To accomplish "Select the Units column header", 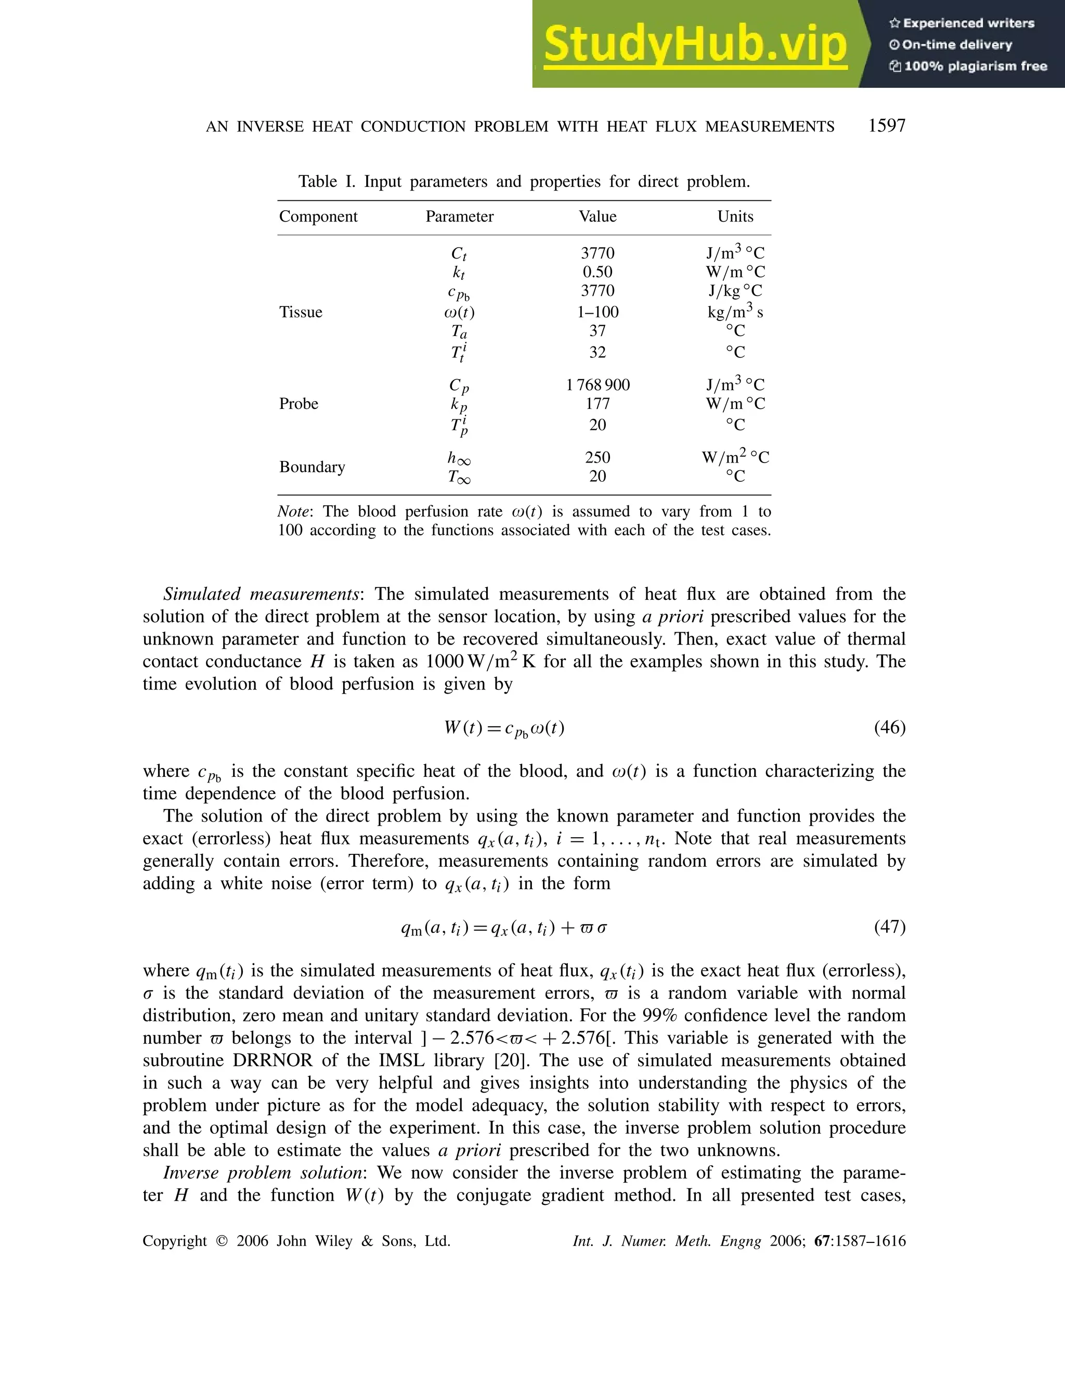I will coord(735,216).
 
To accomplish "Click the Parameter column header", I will coord(459,216).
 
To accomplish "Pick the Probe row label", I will coord(298,404).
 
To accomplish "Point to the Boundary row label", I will coord(312,467).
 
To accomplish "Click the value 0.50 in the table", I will coord(597,272).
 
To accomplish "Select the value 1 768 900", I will coord(597,385).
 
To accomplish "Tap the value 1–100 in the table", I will coord(597,312).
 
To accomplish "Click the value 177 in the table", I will coord(597,404).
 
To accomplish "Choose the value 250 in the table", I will coord(597,457).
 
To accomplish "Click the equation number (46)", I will coord(889,727).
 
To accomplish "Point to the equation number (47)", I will coord(889,927).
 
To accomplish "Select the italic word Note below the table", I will coord(293,512).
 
